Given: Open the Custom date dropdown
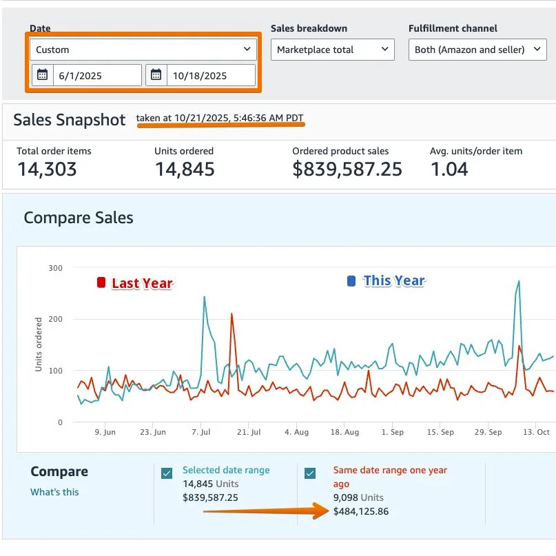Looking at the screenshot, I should pos(143,50).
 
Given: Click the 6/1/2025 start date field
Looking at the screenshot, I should pos(96,75).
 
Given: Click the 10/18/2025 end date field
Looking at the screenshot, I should pos(209,75).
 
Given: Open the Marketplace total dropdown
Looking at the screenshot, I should pos(332,50).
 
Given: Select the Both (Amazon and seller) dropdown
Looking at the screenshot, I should pos(477,50).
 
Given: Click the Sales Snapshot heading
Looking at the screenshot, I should pos(69,120).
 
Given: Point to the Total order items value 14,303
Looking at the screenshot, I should pos(46,169).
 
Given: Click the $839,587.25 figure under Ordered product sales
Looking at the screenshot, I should pos(347,169).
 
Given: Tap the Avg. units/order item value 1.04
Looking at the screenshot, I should pos(449,169).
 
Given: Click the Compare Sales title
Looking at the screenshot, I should pos(79,218).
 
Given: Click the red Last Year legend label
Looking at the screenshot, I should pos(141,283).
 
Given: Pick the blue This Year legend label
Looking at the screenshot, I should pos(393,280).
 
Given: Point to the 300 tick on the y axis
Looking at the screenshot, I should pos(55,268).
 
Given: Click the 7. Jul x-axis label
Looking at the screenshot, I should pos(202,433).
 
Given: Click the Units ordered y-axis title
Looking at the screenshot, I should pos(39,344).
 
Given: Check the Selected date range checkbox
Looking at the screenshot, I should pos(167,473).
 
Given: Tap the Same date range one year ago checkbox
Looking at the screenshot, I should pos(310,473).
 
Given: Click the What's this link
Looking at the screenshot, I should pos(54,492).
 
